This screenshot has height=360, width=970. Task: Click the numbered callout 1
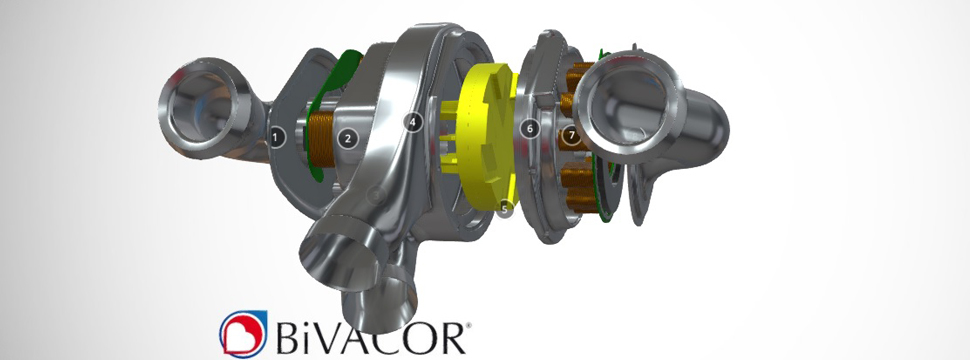point(277,137)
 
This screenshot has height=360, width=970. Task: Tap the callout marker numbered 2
point(348,139)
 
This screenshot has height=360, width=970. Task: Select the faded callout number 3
point(376,195)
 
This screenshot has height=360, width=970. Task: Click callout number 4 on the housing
point(413,122)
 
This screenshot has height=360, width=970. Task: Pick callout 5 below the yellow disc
point(504,210)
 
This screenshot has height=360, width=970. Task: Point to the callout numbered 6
point(530,129)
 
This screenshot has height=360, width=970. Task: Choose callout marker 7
point(572,134)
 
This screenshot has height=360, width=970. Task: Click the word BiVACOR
point(370,336)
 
